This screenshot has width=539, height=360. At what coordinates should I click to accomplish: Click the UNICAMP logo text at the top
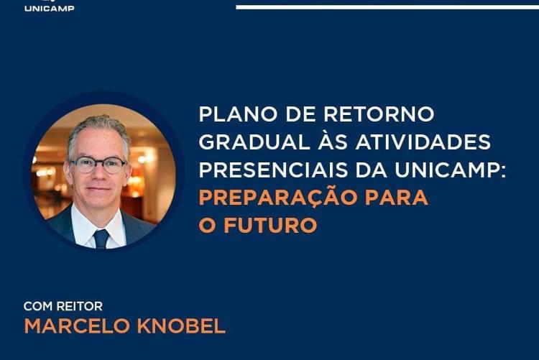point(49,8)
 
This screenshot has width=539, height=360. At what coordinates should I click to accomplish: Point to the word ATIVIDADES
point(423,142)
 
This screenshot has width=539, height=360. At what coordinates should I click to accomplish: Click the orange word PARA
point(396,198)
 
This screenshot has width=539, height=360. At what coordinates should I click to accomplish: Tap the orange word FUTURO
point(270,225)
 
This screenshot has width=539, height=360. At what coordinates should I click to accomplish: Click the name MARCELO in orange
point(78,326)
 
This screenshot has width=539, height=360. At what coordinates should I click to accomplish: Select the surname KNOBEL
point(181,326)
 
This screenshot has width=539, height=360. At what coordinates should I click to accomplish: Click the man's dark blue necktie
point(101,239)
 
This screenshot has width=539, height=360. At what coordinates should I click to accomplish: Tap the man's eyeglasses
point(98,165)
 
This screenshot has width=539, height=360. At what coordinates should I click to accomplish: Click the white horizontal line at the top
point(387,7)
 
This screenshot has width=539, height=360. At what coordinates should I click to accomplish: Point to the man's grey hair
point(99,129)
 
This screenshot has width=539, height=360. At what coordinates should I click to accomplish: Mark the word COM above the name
point(38,306)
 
